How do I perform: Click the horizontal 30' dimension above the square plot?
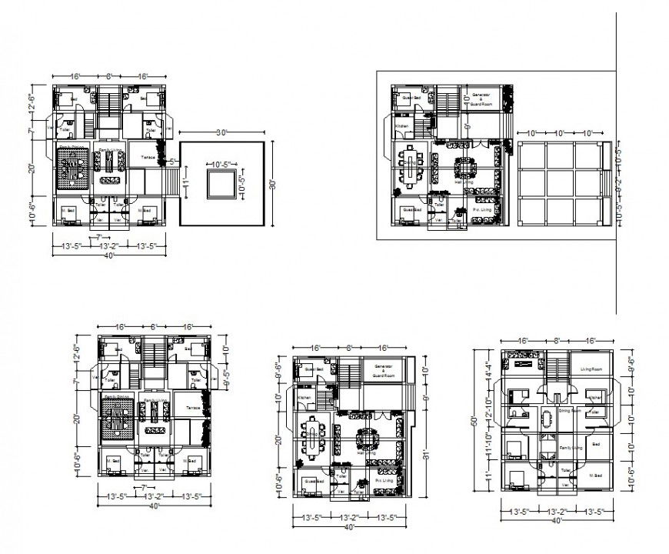click(221, 133)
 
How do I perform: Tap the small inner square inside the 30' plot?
click(221, 184)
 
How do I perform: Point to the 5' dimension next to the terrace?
click(173, 162)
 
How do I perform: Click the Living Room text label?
click(591, 370)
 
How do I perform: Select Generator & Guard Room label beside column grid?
click(481, 98)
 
